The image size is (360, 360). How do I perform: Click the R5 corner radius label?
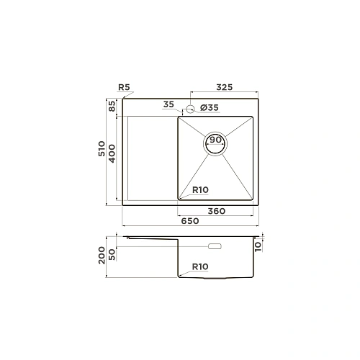pyautogui.click(x=124, y=87)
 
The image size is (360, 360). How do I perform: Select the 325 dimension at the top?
pyautogui.click(x=225, y=87)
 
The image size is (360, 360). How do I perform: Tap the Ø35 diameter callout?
pyautogui.click(x=210, y=107)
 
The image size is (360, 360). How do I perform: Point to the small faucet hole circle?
pyautogui.click(x=190, y=109)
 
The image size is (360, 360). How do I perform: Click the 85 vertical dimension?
pyautogui.click(x=112, y=106)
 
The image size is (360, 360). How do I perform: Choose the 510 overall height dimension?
pyautogui.click(x=102, y=149)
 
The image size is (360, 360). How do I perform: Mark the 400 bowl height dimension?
pyautogui.click(x=112, y=153)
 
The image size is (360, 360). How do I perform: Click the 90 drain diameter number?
pyautogui.click(x=215, y=140)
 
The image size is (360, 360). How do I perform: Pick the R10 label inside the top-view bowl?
pyautogui.click(x=200, y=190)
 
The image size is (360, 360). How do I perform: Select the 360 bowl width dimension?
pyautogui.click(x=217, y=211)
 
